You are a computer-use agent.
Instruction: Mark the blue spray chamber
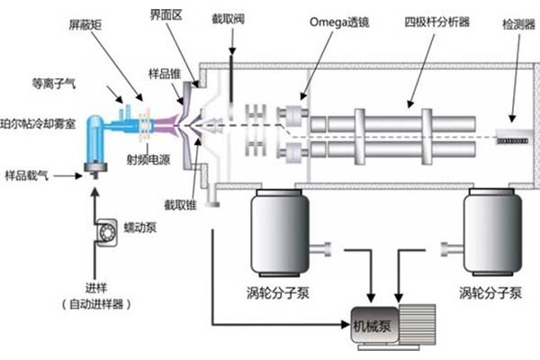click(x=93, y=136)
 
